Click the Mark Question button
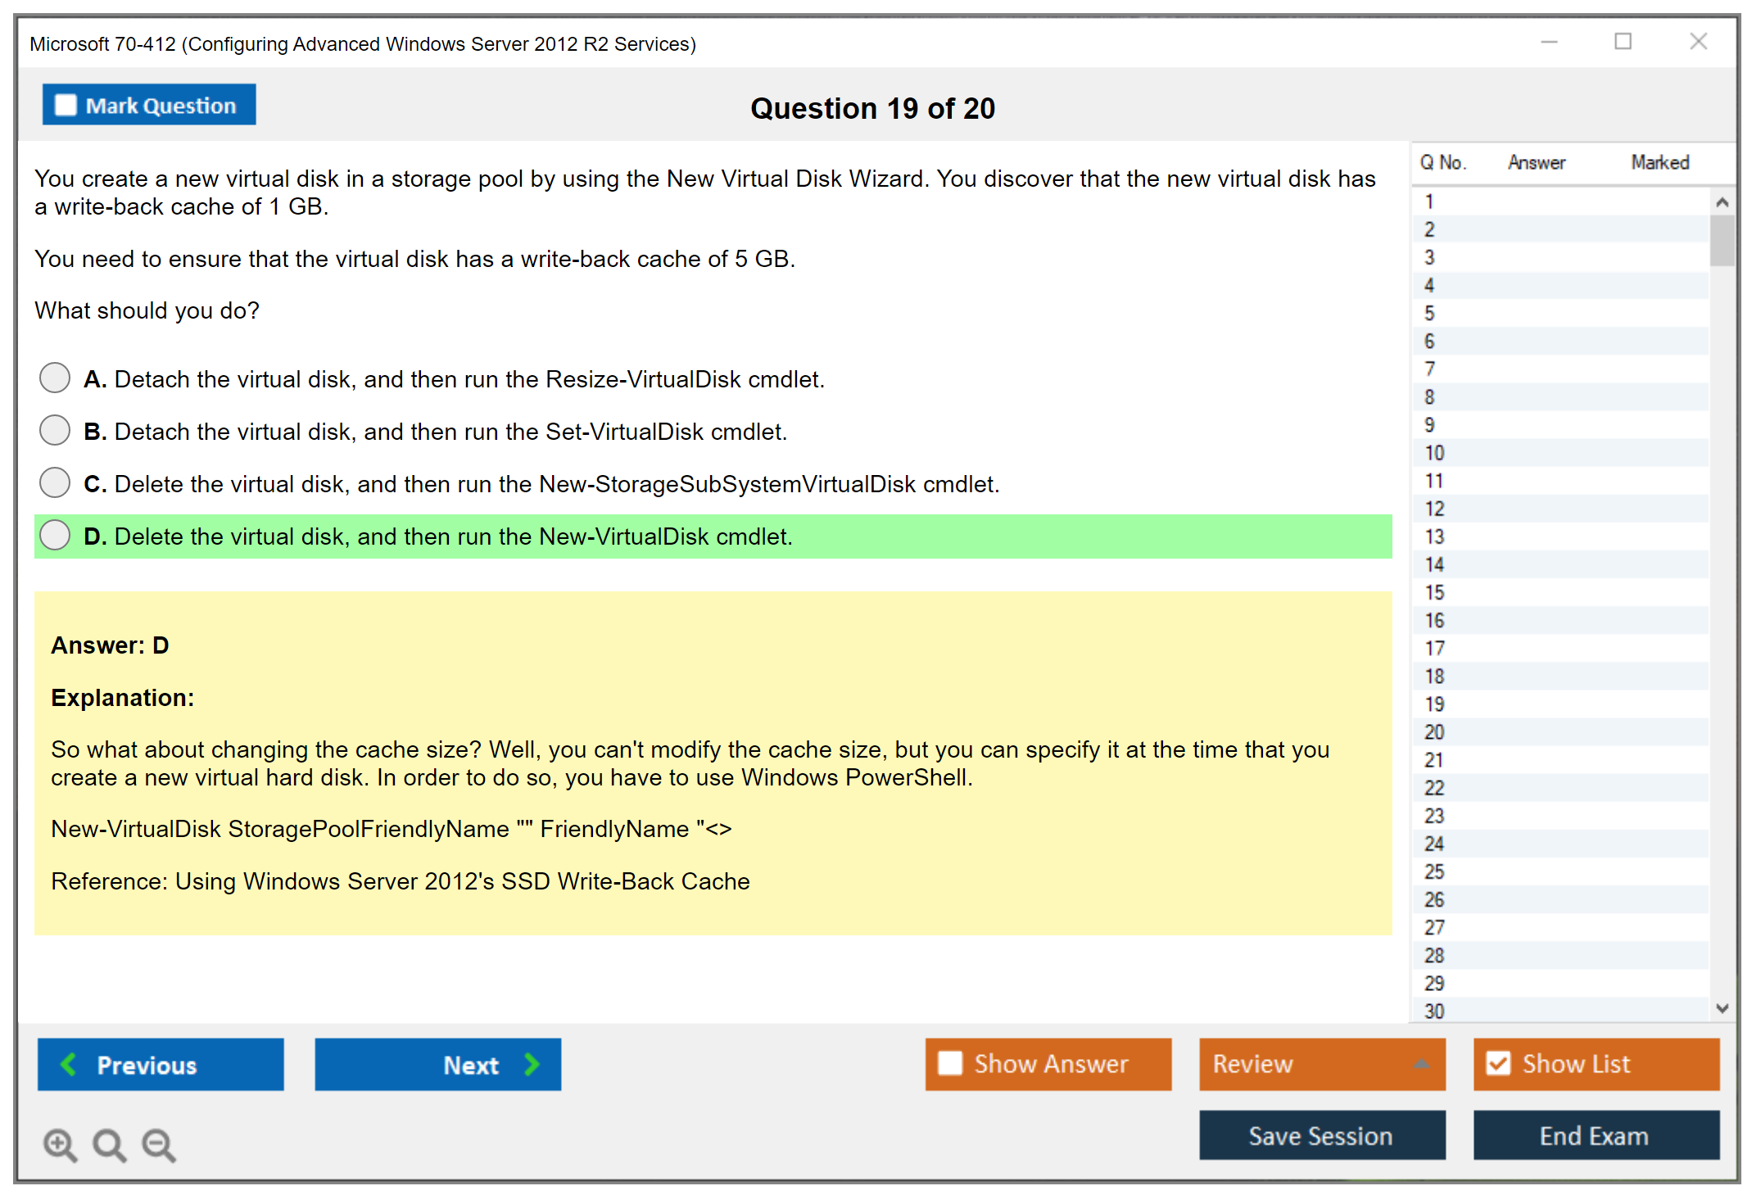pos(149,105)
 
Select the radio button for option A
pos(55,378)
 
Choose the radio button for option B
pos(55,430)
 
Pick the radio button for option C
pos(55,482)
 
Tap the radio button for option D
pos(55,535)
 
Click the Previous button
pos(161,1064)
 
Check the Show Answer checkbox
pos(950,1063)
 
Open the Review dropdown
pos(1322,1064)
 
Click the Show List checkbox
pos(1498,1063)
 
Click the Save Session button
pos(1322,1135)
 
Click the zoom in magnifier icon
pos(61,1145)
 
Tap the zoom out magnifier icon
pos(159,1145)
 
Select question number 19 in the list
pos(1434,704)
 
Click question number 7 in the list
pos(1429,369)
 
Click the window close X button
pos(1698,41)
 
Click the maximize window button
pos(1623,41)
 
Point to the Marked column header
pos(1659,162)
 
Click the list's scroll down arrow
pos(1722,1008)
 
